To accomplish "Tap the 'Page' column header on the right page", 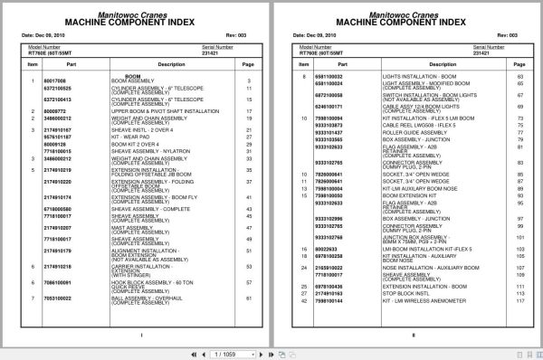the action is (x=520, y=64).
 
